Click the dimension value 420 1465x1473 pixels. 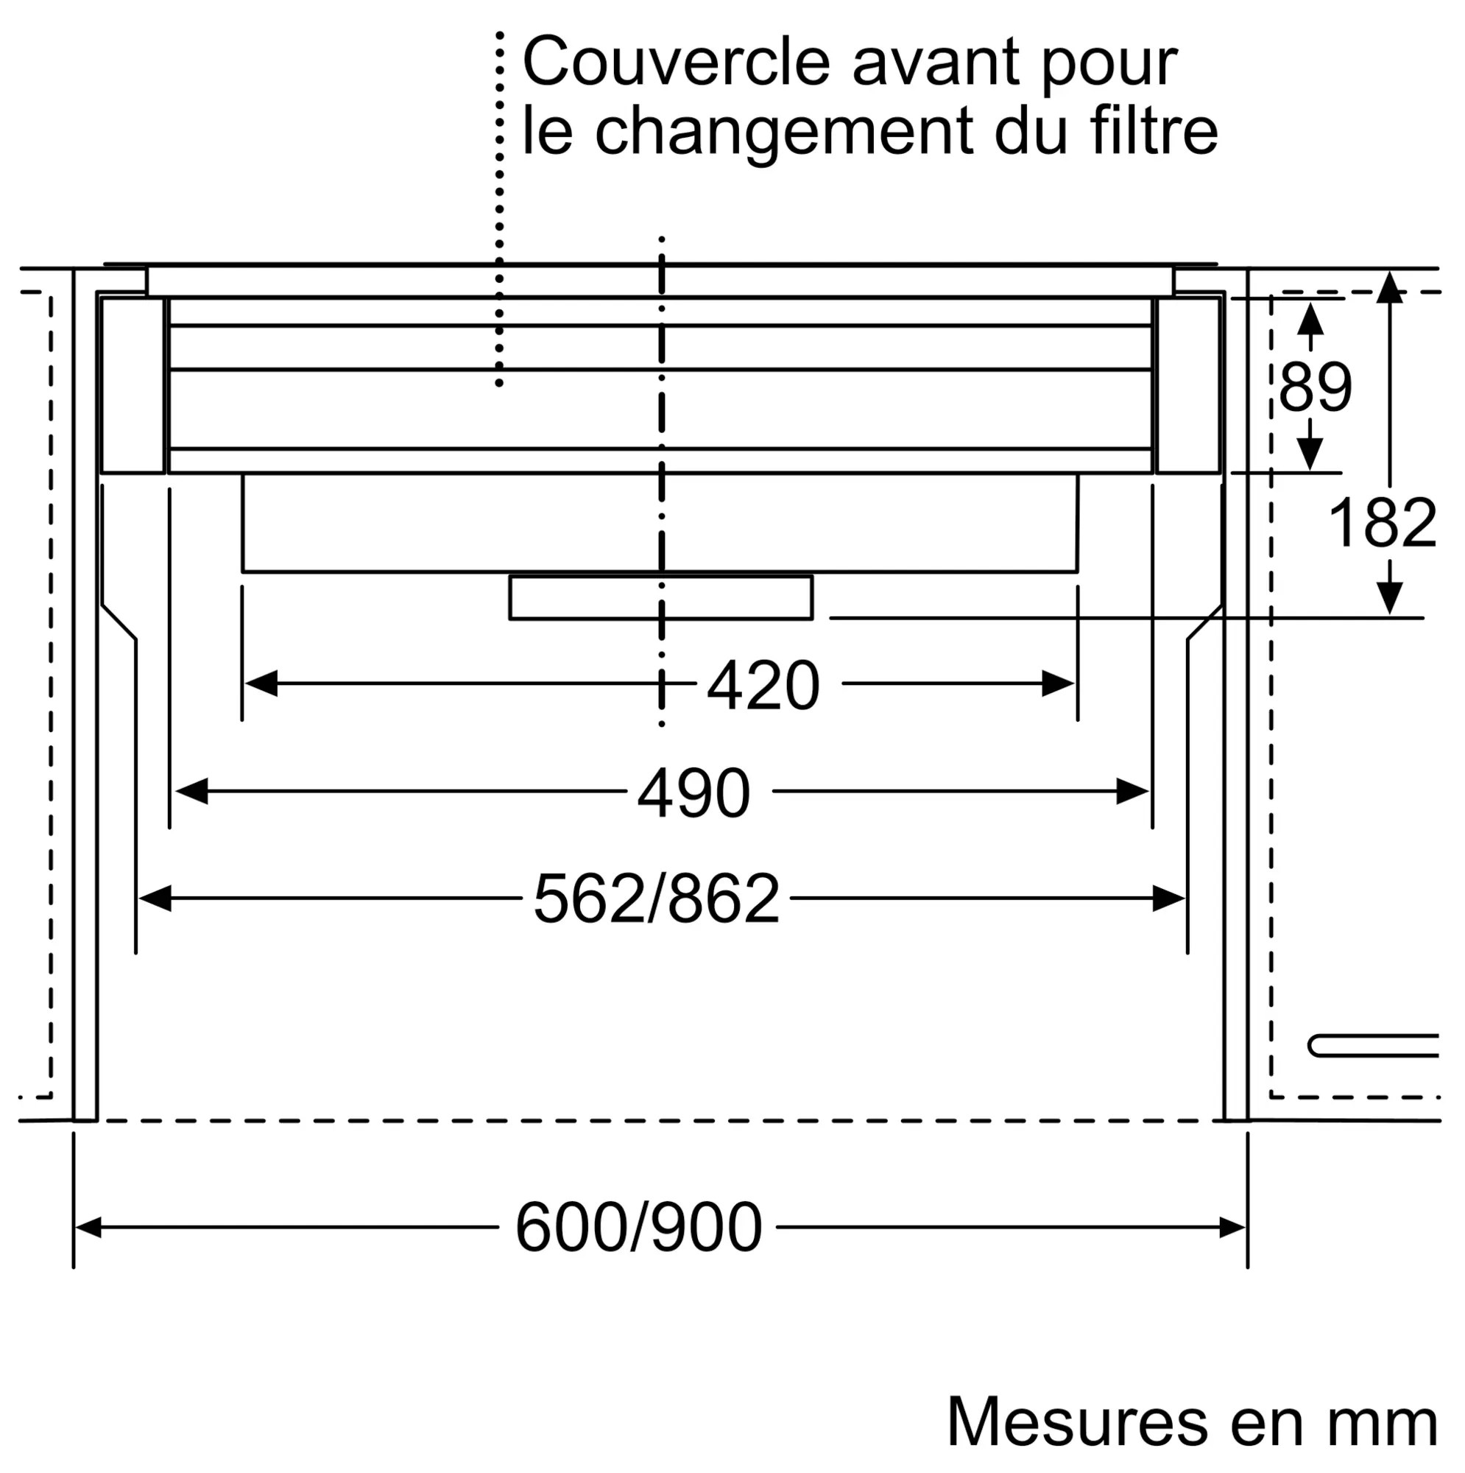pos(763,686)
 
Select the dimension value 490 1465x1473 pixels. pos(693,794)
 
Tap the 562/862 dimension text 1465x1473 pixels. pos(656,901)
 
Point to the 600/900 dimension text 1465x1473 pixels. pos(639,1228)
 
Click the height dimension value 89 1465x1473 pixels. pos(1315,387)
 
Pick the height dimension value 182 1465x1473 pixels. pos(1382,523)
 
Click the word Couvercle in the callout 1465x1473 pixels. pos(676,63)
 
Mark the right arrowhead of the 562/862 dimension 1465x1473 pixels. pos(1168,899)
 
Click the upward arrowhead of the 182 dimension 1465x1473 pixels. pos(1389,286)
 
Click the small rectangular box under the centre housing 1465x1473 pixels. pos(661,598)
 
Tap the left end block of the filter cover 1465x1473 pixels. pos(133,386)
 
